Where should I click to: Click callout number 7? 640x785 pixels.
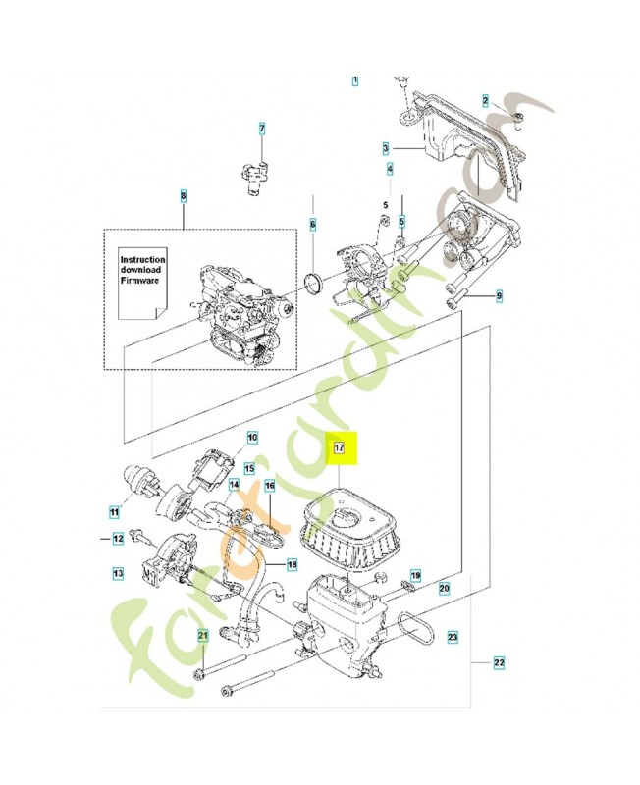(262, 129)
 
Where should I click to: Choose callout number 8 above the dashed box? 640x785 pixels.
(183, 196)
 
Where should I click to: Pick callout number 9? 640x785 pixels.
(499, 295)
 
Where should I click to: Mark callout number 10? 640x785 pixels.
(251, 437)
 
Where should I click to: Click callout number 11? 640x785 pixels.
(114, 511)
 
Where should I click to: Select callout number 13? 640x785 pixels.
(118, 571)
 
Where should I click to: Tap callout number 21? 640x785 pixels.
(203, 636)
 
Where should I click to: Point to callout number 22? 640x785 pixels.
(499, 664)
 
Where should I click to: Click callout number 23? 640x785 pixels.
(453, 638)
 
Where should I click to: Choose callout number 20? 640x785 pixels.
(444, 588)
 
